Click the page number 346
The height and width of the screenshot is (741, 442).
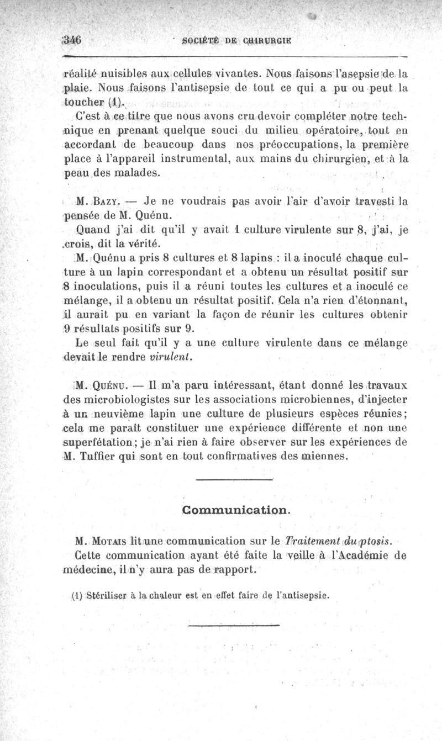72,40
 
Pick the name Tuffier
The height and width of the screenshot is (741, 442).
103,456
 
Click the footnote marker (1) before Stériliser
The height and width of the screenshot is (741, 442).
77,596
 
